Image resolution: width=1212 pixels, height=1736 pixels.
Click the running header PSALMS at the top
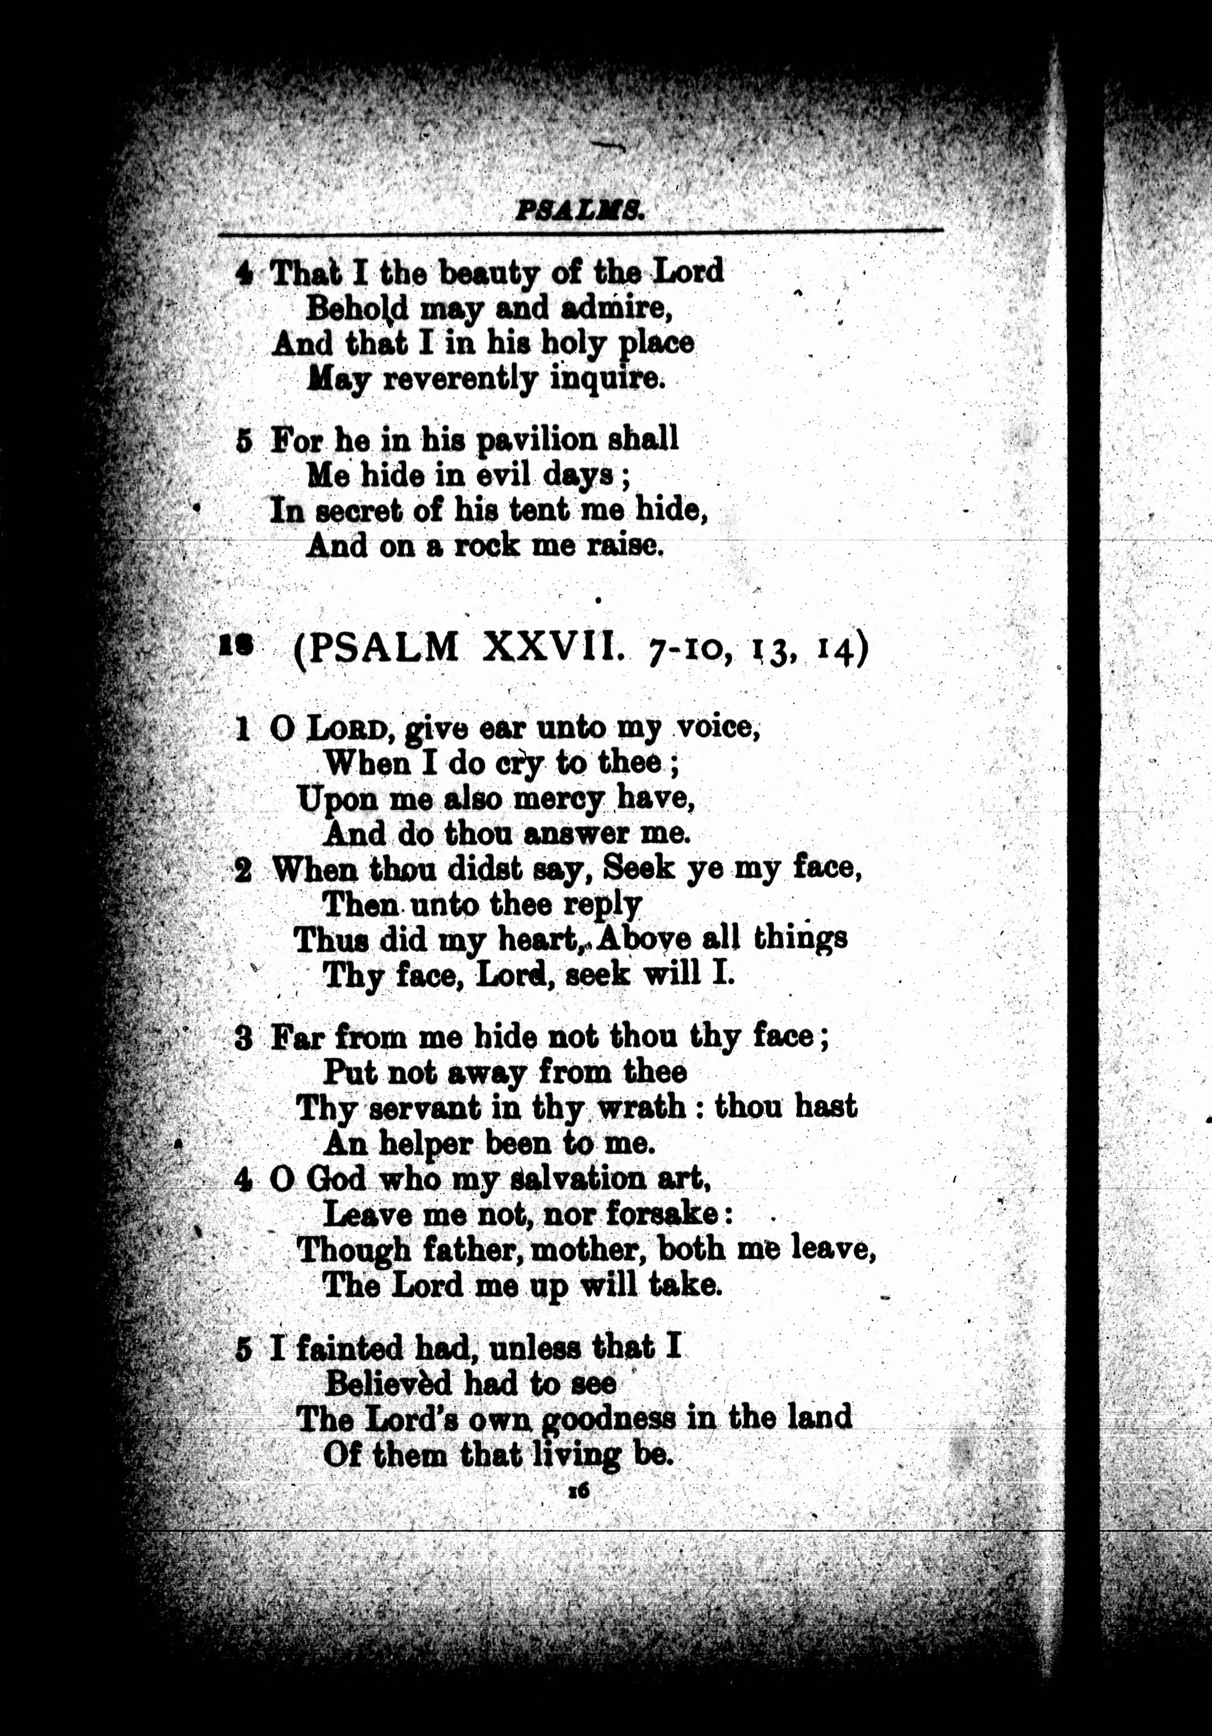coord(579,210)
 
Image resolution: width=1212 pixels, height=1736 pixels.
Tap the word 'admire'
coord(613,308)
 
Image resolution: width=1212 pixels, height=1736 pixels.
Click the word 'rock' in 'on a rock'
coord(486,545)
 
